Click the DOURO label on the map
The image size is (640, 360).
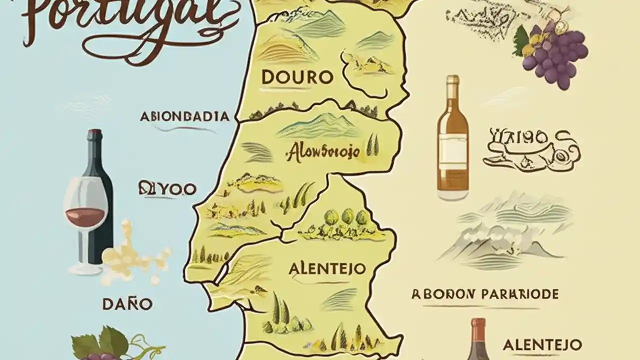[x=297, y=77]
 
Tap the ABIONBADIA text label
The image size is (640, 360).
[x=185, y=116]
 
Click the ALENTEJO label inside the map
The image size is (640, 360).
[x=326, y=268]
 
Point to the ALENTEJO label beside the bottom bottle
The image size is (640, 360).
[x=542, y=344]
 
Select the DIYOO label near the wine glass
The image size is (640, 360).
[x=166, y=188]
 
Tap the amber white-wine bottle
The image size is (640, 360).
[x=452, y=140]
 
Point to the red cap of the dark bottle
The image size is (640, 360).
[x=94, y=134]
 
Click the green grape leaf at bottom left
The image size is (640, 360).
[x=100, y=342]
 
